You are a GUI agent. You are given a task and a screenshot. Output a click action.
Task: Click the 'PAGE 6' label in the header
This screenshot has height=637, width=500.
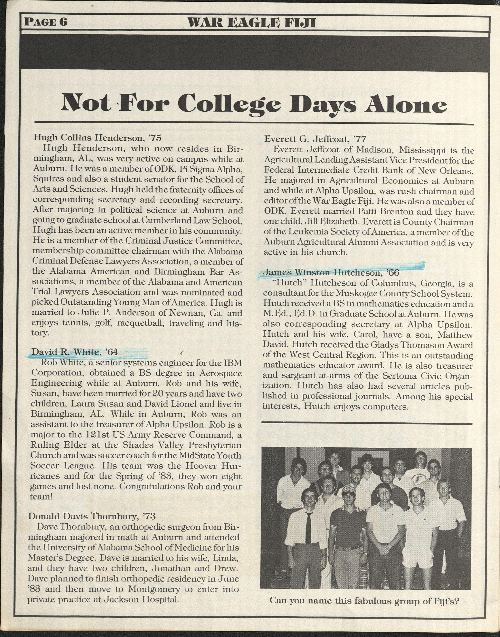tap(46, 22)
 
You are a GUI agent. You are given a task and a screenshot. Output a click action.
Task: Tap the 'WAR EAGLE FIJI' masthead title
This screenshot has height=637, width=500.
tap(251, 22)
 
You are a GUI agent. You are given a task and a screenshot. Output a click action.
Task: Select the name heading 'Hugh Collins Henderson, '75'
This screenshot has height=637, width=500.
tap(98, 138)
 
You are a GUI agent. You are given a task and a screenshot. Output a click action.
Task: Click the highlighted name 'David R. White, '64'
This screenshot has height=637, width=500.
tap(75, 352)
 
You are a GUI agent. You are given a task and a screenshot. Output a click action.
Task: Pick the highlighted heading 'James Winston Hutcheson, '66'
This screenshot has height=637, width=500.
tap(332, 273)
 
